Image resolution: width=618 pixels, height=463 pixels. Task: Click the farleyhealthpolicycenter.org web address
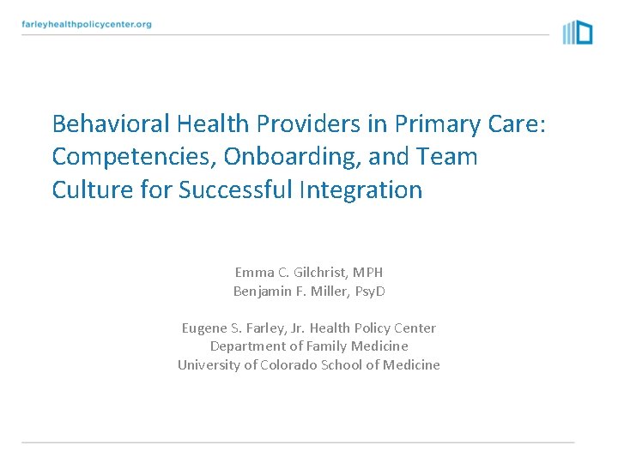click(x=87, y=24)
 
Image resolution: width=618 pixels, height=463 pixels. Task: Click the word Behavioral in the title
click(x=111, y=124)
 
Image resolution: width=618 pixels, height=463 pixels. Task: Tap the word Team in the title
click(x=448, y=157)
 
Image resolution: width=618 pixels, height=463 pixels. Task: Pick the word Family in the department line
click(x=324, y=346)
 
